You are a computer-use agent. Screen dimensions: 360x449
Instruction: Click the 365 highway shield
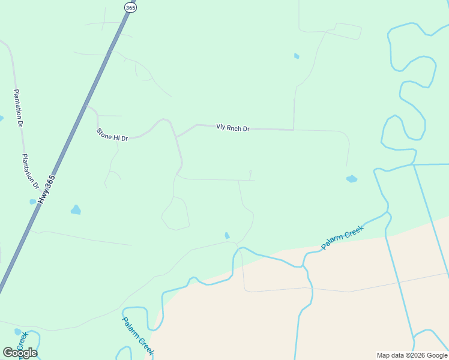131,7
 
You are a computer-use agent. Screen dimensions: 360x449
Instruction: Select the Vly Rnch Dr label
233,128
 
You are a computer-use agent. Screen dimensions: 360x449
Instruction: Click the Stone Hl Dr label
112,134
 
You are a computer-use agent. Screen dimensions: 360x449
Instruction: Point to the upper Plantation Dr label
18,108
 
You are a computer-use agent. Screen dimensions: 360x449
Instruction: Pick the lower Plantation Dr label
31,172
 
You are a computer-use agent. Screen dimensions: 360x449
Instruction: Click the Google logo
20,352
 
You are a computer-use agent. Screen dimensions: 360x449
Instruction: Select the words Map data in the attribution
390,355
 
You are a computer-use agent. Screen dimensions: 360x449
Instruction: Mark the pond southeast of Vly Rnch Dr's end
352,179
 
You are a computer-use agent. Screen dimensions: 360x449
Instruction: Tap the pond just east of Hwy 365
76,209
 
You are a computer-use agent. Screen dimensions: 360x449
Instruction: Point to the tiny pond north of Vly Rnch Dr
297,56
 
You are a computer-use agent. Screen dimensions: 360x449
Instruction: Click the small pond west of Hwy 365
33,202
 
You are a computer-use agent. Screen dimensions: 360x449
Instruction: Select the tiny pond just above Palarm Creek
227,235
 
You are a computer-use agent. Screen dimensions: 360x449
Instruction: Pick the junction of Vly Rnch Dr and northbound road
294,129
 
